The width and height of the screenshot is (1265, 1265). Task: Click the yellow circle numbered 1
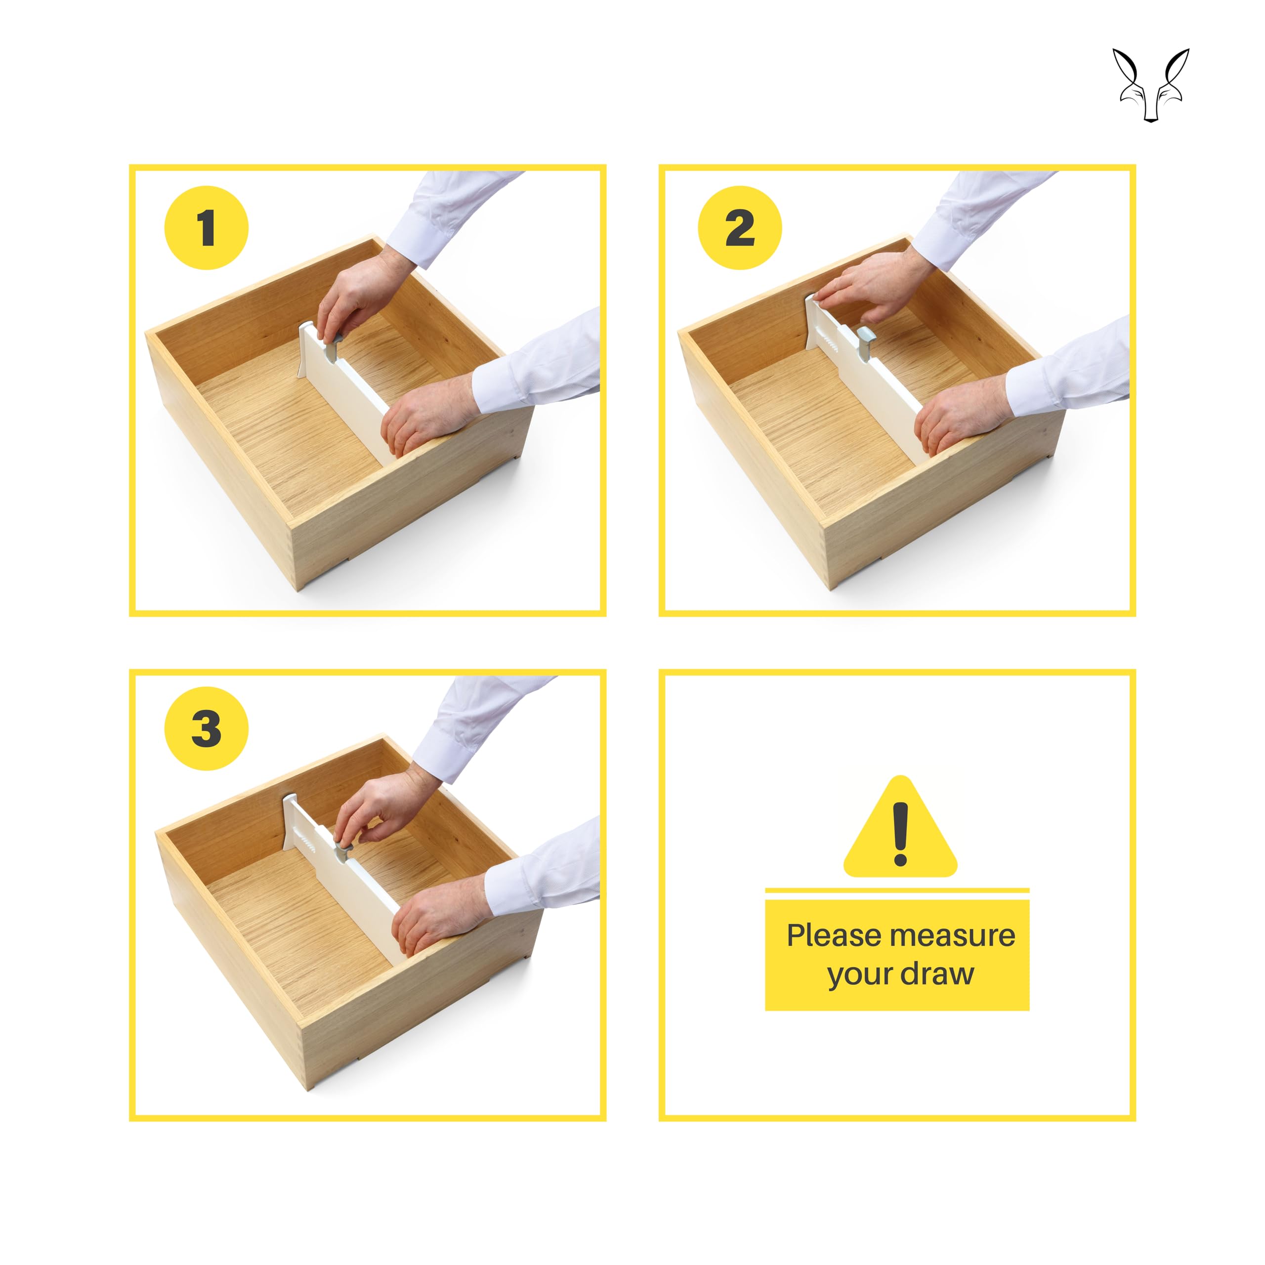click(206, 228)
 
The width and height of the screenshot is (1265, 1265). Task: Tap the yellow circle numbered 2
click(740, 228)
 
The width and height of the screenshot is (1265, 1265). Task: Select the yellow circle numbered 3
click(206, 728)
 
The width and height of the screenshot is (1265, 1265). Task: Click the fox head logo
click(1151, 84)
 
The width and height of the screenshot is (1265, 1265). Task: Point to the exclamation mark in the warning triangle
click(901, 834)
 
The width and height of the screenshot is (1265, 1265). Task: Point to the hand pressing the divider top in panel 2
click(871, 286)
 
